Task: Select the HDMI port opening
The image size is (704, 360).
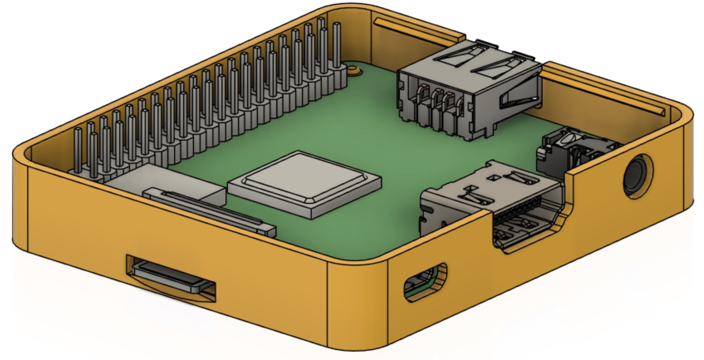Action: click(x=524, y=225)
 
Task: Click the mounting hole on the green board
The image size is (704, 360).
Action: click(x=355, y=70)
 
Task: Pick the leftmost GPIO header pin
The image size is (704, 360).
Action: click(x=77, y=149)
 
